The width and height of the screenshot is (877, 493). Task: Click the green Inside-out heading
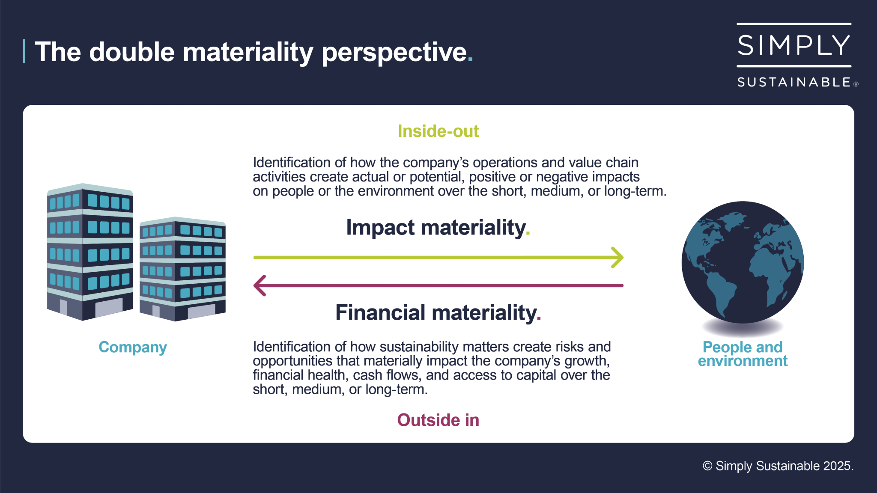click(x=438, y=131)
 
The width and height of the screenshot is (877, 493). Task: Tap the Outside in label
click(x=438, y=420)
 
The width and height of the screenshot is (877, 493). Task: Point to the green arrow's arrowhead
click(x=618, y=257)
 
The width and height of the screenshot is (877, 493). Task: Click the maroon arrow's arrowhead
click(x=259, y=285)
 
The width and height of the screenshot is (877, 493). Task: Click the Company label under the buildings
click(x=132, y=347)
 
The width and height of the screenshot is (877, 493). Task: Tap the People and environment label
click(x=742, y=354)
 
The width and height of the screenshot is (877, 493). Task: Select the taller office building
click(x=90, y=252)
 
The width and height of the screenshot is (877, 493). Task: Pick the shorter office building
click(x=182, y=270)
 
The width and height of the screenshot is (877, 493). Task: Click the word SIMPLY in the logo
click(x=793, y=45)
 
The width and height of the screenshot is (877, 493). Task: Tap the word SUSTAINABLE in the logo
click(x=794, y=82)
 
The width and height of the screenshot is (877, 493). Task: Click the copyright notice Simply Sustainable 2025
click(x=778, y=466)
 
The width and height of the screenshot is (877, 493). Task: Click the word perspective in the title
click(x=394, y=52)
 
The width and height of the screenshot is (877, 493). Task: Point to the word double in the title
click(x=132, y=52)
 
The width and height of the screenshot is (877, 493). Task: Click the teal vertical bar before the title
click(x=24, y=51)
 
